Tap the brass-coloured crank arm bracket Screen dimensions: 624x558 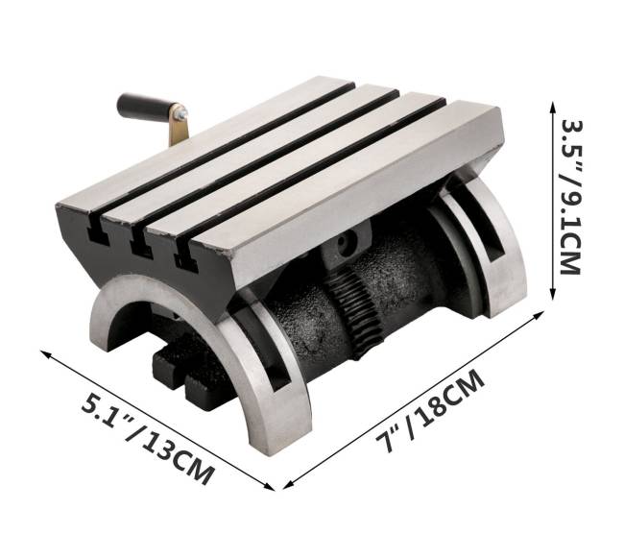coord(179,126)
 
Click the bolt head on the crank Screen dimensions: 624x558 coord(182,114)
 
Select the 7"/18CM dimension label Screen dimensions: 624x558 coord(431,410)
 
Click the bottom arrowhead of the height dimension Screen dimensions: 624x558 coord(553,294)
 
